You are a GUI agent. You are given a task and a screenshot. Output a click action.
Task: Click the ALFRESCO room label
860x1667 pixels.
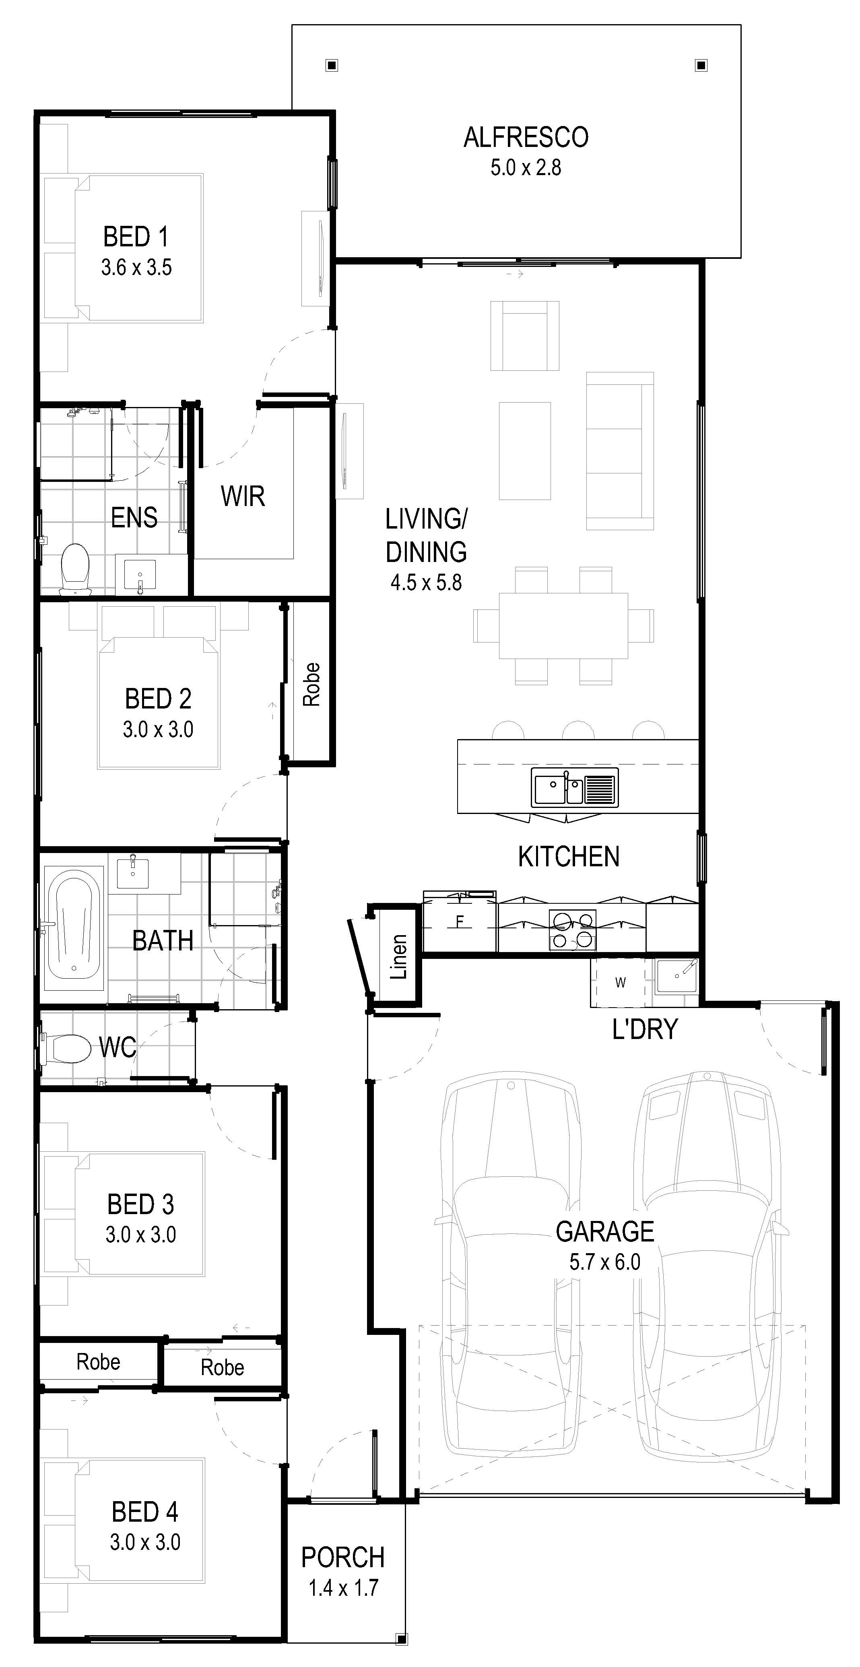click(x=526, y=137)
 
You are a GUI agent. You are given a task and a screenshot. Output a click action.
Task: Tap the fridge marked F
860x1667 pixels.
click(x=460, y=921)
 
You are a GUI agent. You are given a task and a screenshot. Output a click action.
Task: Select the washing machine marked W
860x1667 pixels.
click(x=620, y=982)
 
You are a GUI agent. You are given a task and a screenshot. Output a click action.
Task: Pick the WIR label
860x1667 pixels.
click(x=243, y=496)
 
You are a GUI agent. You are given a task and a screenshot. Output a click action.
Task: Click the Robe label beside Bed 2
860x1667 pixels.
click(x=311, y=684)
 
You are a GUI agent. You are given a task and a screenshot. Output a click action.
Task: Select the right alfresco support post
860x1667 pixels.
click(x=700, y=65)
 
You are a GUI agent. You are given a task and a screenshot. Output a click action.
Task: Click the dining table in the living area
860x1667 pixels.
click(x=563, y=625)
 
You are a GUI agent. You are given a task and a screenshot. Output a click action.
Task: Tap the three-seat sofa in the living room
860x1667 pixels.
click(x=620, y=450)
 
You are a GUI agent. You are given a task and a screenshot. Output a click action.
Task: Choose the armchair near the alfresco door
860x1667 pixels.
click(x=525, y=335)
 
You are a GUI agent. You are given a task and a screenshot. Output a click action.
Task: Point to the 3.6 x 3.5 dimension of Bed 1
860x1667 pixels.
click(x=136, y=267)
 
